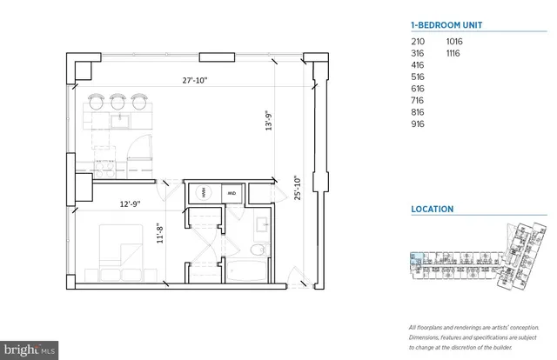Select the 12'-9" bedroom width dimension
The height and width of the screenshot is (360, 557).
(131, 204)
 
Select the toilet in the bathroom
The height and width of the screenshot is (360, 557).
(256, 250)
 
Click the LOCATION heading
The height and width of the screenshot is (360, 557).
(432, 210)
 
